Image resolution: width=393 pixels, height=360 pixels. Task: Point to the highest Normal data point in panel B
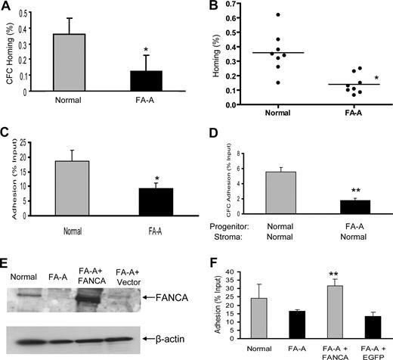[x=277, y=15]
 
